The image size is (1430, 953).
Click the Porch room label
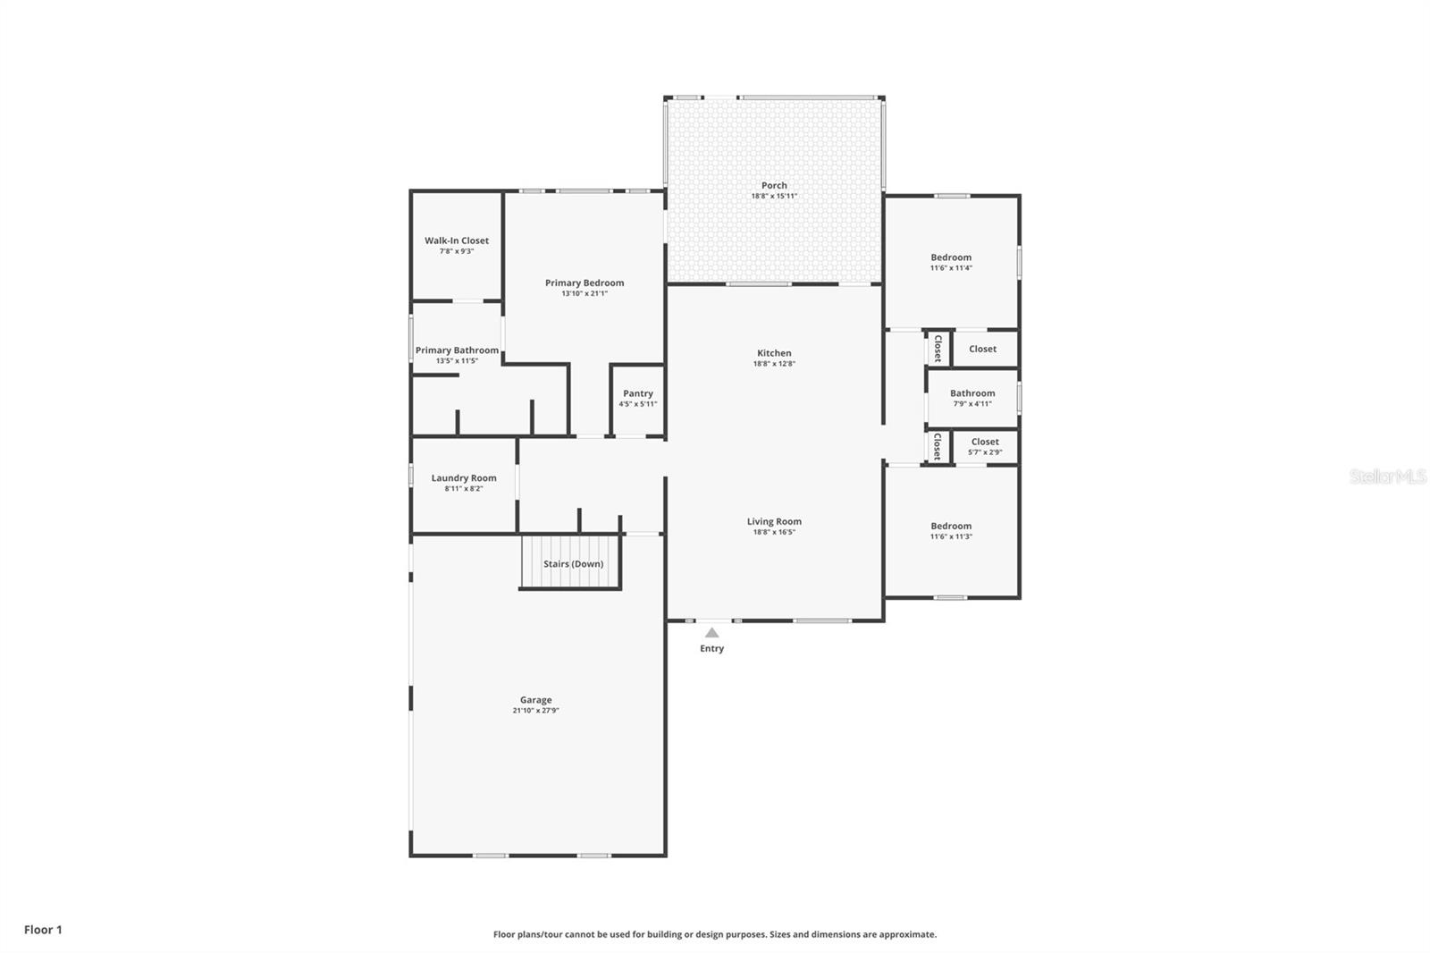point(774,185)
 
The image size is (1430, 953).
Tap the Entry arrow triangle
point(711,633)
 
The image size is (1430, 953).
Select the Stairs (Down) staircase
point(572,563)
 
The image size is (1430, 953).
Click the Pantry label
point(637,393)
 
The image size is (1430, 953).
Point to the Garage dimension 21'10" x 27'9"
point(535,711)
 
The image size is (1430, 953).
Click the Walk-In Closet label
point(456,240)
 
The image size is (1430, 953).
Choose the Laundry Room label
point(463,478)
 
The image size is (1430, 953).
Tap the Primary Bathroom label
point(457,350)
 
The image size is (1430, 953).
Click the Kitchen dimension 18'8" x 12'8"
point(774,364)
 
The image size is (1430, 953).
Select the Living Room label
point(774,521)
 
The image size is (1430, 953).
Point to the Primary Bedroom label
point(585,283)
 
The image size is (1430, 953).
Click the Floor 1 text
point(43,930)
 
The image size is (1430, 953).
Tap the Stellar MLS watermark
point(1387,476)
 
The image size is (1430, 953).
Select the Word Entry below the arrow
point(711,648)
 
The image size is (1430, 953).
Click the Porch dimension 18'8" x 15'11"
point(774,196)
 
